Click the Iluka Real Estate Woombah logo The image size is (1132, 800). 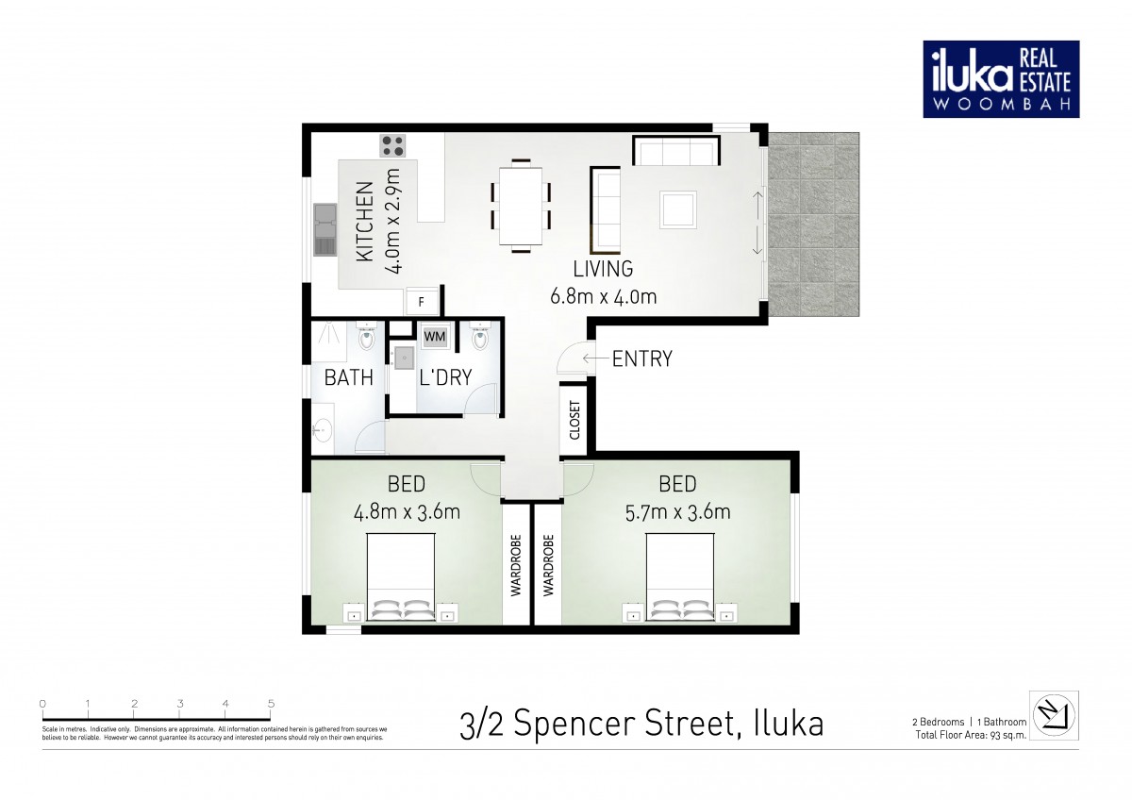(1001, 78)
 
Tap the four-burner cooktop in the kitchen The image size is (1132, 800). (392, 145)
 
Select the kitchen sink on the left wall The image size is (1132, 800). (324, 230)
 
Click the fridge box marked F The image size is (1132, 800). (422, 302)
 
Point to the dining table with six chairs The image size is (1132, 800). (520, 205)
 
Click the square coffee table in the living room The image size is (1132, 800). (678, 208)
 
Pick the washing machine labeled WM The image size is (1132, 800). (435, 336)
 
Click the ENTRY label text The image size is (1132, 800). (641, 358)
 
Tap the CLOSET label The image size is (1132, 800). (574, 421)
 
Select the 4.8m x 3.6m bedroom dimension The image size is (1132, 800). (407, 512)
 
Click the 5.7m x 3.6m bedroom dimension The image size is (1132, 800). (677, 512)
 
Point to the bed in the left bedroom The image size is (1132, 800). (400, 576)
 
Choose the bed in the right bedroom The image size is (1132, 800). (680, 576)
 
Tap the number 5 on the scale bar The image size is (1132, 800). (271, 704)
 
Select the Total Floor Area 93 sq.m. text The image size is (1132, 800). (971, 734)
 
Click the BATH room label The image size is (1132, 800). (349, 378)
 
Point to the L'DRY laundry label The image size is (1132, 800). (445, 378)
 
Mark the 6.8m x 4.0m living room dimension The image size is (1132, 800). (603, 296)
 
